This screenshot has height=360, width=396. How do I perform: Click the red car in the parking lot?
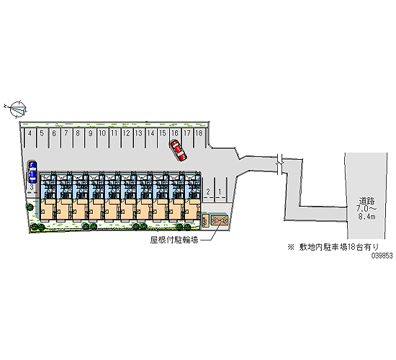(179, 150)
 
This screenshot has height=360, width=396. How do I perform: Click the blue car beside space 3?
(32, 172)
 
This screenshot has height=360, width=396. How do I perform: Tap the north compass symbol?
(17, 109)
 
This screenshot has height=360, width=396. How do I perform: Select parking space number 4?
(30, 138)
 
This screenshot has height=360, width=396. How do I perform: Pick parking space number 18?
(199, 138)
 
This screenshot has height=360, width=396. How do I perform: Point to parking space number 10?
(102, 138)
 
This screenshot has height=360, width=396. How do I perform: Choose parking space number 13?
(139, 138)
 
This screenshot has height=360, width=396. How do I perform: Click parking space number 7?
(66, 138)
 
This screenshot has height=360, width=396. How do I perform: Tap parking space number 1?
(220, 190)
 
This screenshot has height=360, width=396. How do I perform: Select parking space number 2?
(208, 190)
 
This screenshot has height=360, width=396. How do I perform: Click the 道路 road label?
(366, 201)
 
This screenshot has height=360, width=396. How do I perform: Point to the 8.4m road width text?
(366, 217)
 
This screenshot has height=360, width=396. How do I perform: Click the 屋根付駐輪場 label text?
(174, 240)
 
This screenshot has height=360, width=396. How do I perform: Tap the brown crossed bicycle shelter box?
(220, 220)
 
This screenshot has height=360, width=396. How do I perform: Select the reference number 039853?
(382, 256)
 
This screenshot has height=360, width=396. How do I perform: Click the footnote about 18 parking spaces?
(333, 247)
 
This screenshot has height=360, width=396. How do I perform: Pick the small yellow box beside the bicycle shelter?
(206, 220)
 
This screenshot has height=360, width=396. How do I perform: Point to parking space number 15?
(163, 138)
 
